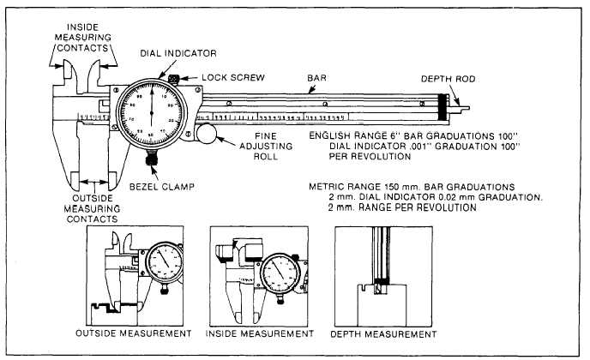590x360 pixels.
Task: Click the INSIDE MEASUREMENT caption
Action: point(261,333)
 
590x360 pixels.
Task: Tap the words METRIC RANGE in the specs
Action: point(346,187)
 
